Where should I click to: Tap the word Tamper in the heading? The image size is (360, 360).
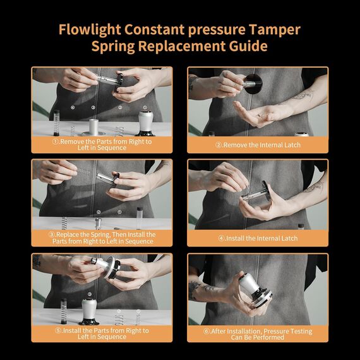(x=272, y=30)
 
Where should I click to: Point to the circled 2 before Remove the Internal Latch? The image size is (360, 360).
(x=218, y=145)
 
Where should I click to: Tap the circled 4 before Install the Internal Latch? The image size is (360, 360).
(x=221, y=239)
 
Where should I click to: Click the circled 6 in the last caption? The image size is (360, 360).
(x=208, y=332)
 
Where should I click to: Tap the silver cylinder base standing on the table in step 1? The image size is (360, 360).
(x=95, y=126)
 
